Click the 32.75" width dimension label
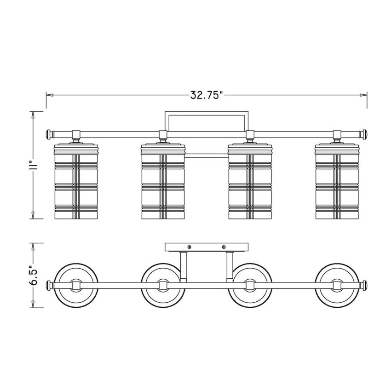click(x=206, y=95)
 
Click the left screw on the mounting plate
click(x=189, y=247)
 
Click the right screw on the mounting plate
click(x=224, y=247)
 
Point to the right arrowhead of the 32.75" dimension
click(x=363, y=95)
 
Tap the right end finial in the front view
click(x=363, y=134)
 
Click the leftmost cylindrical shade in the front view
click(x=76, y=181)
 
